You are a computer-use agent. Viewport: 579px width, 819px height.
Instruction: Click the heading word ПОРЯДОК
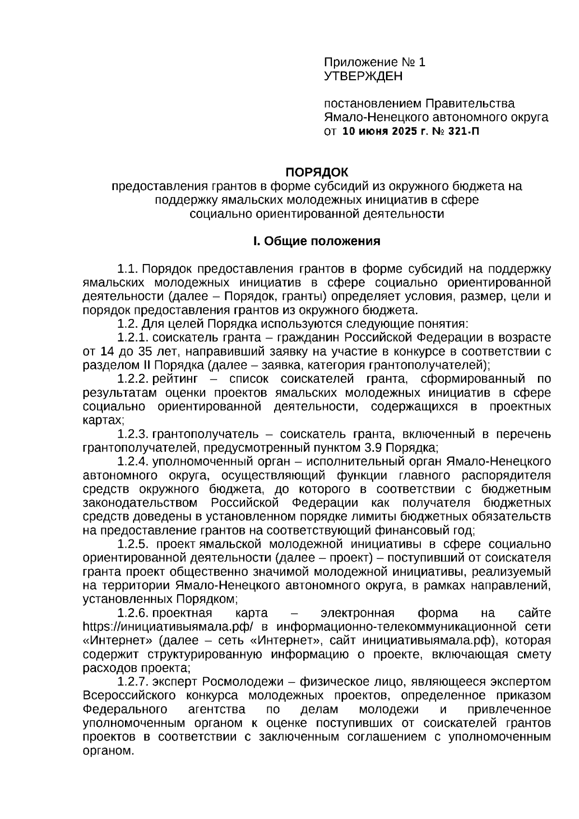317,172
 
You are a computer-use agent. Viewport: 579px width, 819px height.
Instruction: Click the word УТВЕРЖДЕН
362,76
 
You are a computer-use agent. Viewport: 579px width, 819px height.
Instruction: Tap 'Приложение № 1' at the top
374,62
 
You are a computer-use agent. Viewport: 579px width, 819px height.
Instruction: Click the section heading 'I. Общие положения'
317,241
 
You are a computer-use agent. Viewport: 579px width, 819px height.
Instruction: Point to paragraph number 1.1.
128,268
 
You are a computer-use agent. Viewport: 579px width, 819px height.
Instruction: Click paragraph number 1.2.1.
133,337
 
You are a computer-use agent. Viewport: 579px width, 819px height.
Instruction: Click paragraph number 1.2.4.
133,461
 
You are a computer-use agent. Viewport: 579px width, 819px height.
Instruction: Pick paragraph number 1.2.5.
133,544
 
